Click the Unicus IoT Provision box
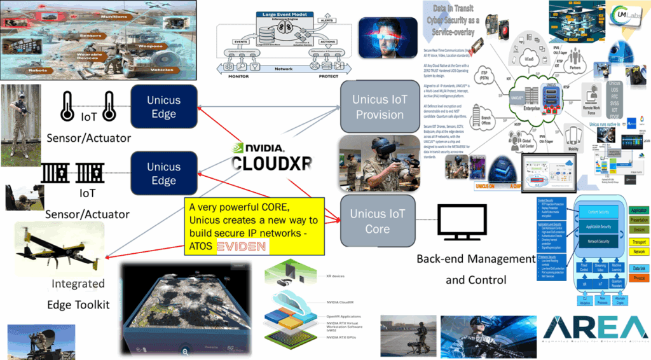(380, 107)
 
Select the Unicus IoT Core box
(378, 221)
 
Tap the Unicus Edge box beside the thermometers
(163, 107)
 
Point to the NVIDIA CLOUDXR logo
(271, 155)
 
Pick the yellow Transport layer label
(638, 241)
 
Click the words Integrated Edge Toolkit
(78, 294)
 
